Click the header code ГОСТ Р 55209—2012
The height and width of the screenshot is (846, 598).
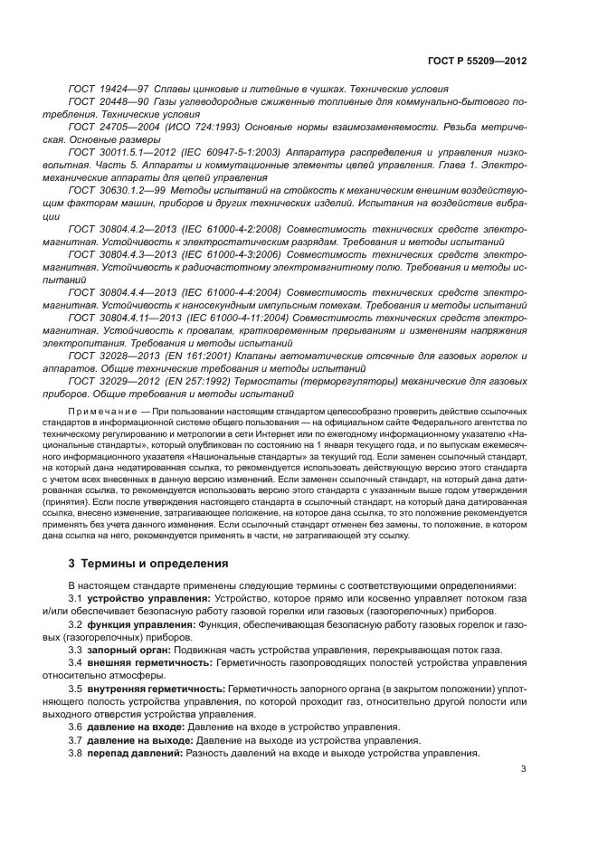point(476,61)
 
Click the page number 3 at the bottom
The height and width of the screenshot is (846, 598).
point(523,770)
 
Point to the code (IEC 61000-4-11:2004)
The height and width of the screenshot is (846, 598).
point(234,318)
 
